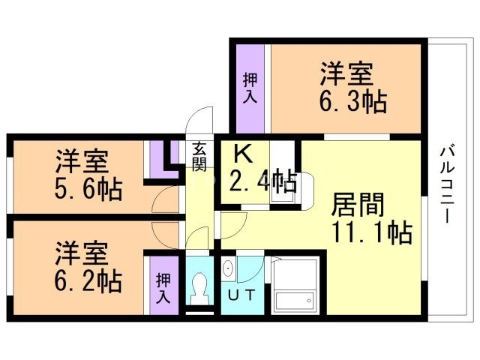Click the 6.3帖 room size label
[x=353, y=102]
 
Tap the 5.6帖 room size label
[x=88, y=190]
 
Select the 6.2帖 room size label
[x=88, y=280]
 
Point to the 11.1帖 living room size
[x=372, y=232]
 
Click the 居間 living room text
[x=358, y=205]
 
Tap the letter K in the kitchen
[x=243, y=154]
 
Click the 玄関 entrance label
[x=199, y=157]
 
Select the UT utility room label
[x=241, y=295]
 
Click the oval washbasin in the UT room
[x=227, y=269]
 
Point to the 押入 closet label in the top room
[x=250, y=88]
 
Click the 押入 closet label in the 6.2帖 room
[x=163, y=288]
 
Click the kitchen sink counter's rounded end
[x=307, y=191]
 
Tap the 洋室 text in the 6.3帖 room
[x=346, y=73]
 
